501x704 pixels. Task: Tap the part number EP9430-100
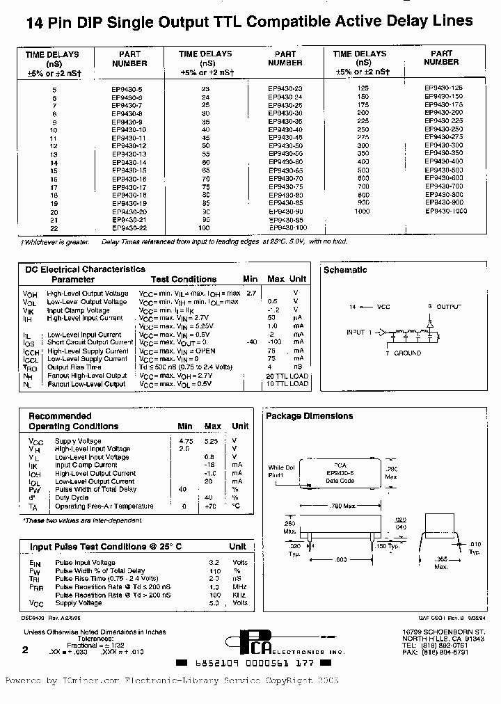click(287, 227)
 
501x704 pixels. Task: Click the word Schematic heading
click(345, 270)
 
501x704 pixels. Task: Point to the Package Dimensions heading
click(310, 416)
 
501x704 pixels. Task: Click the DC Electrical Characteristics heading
click(86, 269)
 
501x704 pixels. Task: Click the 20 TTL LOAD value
click(286, 376)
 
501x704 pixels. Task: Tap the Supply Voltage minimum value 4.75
click(185, 441)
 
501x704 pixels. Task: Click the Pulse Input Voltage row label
click(85, 562)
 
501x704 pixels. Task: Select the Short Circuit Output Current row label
click(90, 342)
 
